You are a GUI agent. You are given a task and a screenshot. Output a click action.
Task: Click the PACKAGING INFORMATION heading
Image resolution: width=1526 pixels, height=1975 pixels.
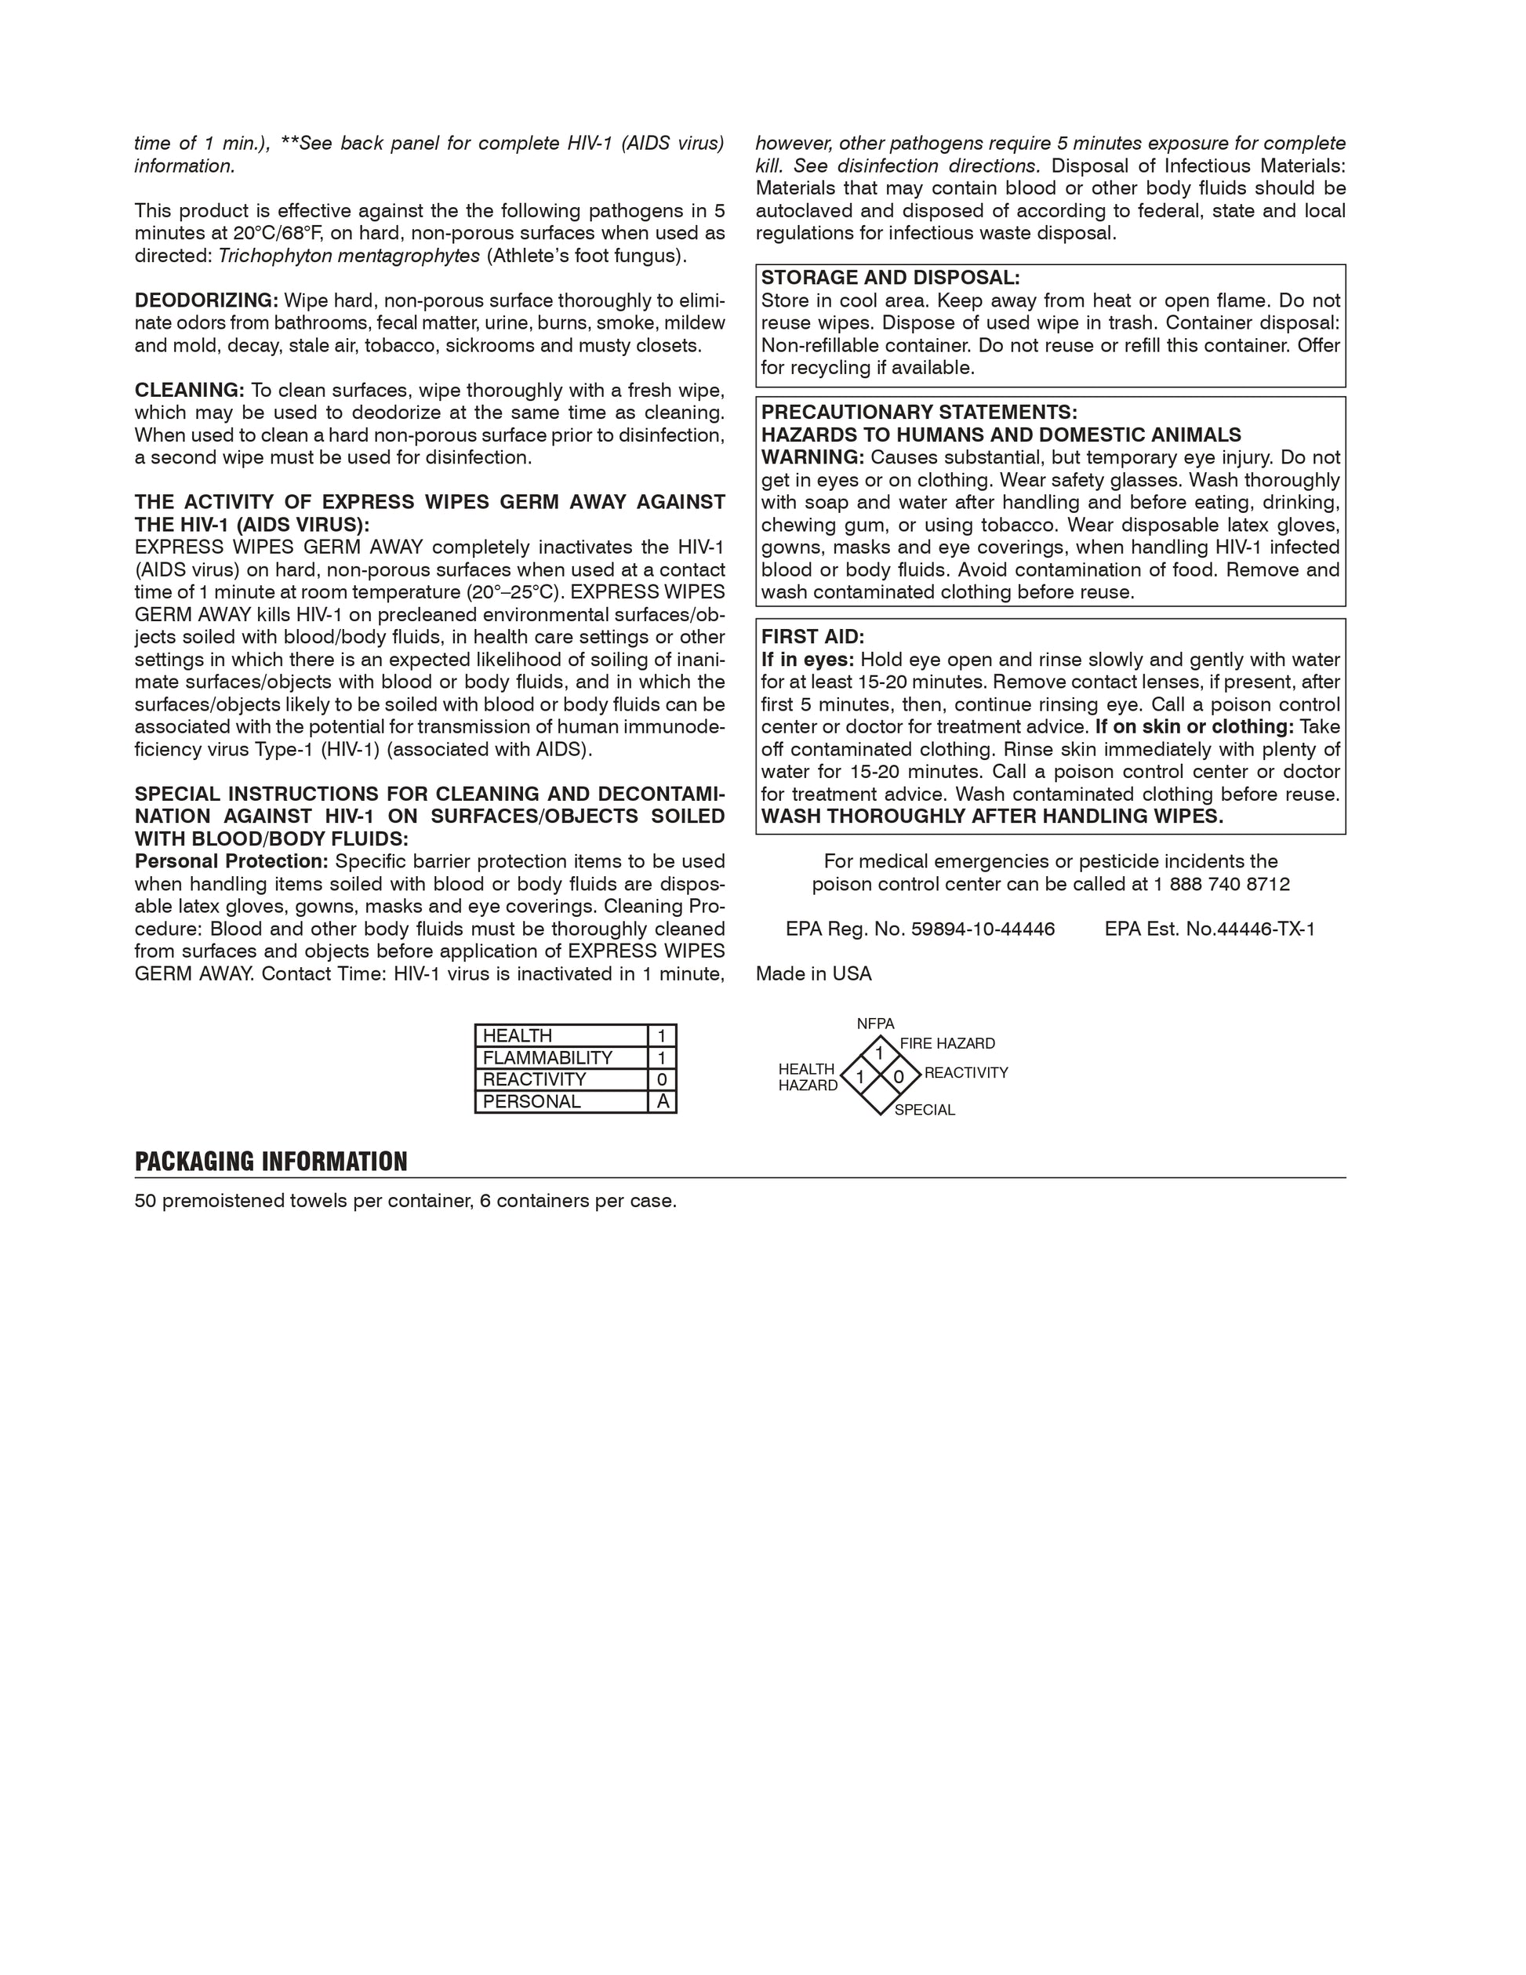(x=271, y=1162)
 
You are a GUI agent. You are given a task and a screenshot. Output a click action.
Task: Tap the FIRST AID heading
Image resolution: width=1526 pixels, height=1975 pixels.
(x=812, y=637)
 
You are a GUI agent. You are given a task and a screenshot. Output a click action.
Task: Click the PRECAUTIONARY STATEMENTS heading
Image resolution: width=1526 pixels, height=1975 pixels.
(x=918, y=413)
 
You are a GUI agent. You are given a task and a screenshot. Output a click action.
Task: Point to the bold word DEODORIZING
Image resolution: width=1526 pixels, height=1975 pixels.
(x=206, y=300)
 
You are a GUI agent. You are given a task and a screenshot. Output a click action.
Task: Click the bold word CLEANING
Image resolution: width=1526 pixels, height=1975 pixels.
(x=189, y=390)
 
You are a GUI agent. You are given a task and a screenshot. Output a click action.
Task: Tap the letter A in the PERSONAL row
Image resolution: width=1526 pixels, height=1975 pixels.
(x=663, y=1101)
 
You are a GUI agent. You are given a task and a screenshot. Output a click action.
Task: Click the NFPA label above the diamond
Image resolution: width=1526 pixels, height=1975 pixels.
(x=875, y=1024)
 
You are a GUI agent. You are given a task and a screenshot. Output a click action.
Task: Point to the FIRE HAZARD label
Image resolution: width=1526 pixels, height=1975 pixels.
(x=946, y=1043)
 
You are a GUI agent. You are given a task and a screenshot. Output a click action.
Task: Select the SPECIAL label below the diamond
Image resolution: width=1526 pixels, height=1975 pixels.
(x=924, y=1111)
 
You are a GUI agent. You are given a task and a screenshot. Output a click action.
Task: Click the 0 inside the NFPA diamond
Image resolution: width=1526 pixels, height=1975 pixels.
(x=898, y=1077)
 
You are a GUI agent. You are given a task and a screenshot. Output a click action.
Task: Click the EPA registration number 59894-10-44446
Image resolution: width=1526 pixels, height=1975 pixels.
(x=983, y=929)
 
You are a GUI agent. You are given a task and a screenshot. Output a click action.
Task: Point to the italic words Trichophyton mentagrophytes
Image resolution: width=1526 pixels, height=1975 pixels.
(x=349, y=256)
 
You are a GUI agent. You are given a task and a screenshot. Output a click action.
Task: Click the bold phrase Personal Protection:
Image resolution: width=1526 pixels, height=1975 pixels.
(x=231, y=861)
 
